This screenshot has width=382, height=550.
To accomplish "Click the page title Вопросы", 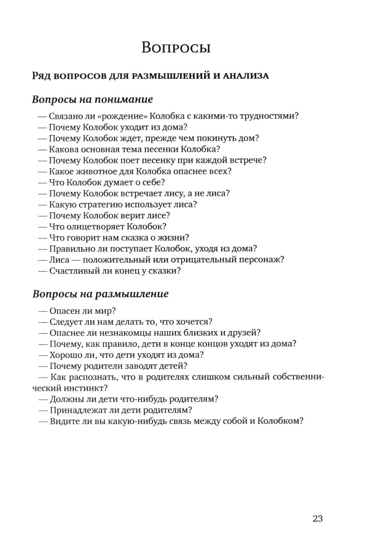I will [x=176, y=48].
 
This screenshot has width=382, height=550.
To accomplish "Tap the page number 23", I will [x=317, y=519].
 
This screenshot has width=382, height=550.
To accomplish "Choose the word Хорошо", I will [x=65, y=355].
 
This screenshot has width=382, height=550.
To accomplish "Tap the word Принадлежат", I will [x=76, y=410].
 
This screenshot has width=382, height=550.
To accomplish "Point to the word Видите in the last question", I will [x=63, y=421].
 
